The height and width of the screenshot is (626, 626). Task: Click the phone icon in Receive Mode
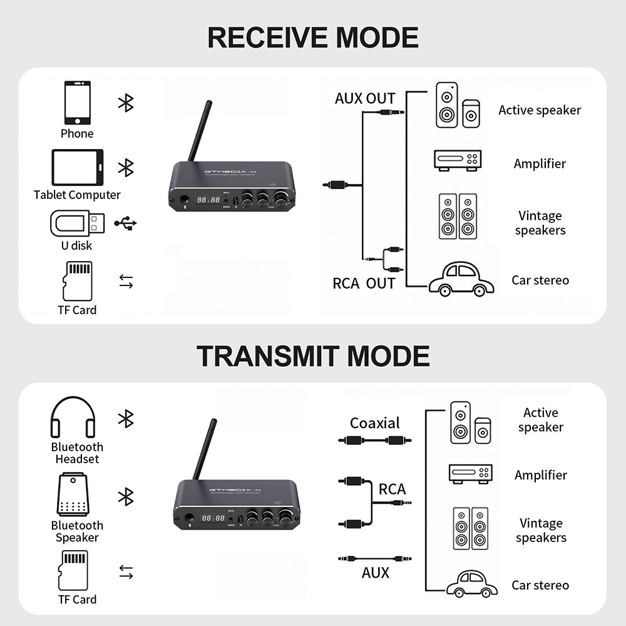77,103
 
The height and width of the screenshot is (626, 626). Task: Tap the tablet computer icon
77,167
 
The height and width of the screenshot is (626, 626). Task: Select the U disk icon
78,223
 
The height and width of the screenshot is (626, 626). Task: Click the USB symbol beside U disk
126,223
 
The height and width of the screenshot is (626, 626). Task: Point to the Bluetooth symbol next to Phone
126,103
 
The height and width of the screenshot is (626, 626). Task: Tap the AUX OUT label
365,98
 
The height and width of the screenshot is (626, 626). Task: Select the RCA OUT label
364,283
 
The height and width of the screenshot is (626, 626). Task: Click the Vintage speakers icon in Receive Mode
458,216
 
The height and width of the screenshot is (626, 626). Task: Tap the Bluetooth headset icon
73,418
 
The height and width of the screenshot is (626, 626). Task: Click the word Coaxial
374,423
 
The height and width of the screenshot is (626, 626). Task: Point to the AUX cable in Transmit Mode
374,558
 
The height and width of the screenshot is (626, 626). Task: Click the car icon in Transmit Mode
471,583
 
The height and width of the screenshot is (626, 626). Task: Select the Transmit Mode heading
313,356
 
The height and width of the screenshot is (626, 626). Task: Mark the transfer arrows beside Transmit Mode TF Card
126,572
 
